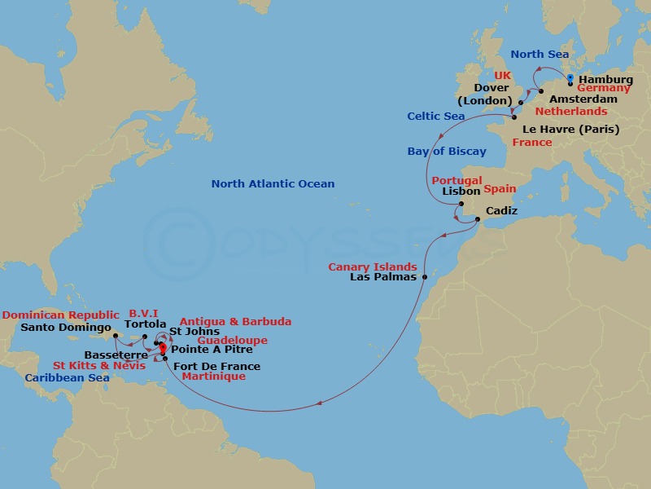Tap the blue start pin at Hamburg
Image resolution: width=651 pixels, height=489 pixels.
(570, 78)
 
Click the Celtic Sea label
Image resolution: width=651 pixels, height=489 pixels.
(436, 117)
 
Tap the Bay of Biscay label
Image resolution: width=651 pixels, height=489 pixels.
(447, 152)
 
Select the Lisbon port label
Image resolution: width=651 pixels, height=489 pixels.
(461, 192)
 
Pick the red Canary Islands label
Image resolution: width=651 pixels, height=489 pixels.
(373, 267)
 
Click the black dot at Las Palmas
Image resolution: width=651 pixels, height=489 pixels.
(425, 277)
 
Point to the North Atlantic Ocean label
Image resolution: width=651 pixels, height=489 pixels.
(273, 184)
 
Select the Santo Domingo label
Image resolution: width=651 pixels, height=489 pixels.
(66, 328)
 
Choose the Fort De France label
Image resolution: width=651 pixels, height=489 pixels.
(217, 367)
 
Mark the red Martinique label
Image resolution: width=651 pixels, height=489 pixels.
(213, 377)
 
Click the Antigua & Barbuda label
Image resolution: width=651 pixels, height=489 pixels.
(235, 322)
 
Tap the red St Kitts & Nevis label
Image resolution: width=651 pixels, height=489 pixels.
(101, 366)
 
